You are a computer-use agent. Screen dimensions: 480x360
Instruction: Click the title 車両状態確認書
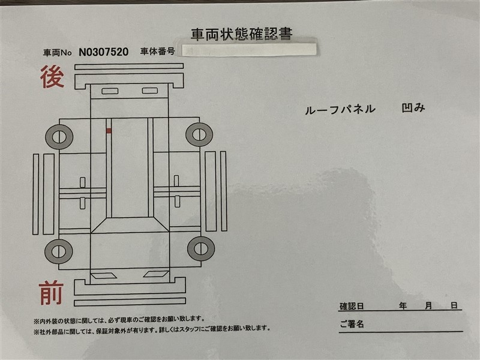[242, 34]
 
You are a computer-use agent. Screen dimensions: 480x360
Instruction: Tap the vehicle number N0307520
[103, 52]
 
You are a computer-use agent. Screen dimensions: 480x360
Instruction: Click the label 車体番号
[158, 51]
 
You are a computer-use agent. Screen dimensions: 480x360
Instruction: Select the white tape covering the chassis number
[249, 50]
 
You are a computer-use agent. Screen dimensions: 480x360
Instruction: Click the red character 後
[52, 77]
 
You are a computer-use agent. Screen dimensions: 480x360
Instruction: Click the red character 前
[51, 293]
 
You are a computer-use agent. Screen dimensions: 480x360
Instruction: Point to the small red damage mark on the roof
[109, 131]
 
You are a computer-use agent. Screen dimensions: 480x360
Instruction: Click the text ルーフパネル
[340, 109]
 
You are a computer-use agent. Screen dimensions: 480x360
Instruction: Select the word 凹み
[413, 108]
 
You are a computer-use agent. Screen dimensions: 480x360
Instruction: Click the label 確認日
[352, 306]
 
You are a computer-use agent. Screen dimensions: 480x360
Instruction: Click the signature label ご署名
[352, 324]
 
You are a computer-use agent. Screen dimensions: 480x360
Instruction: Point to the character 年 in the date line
[403, 305]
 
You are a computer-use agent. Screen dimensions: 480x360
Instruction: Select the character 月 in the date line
[428, 305]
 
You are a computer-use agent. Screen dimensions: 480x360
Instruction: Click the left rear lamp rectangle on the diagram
[110, 91]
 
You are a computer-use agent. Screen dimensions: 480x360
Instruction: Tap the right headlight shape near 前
[156, 274]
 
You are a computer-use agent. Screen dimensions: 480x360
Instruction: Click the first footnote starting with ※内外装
[119, 320]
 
